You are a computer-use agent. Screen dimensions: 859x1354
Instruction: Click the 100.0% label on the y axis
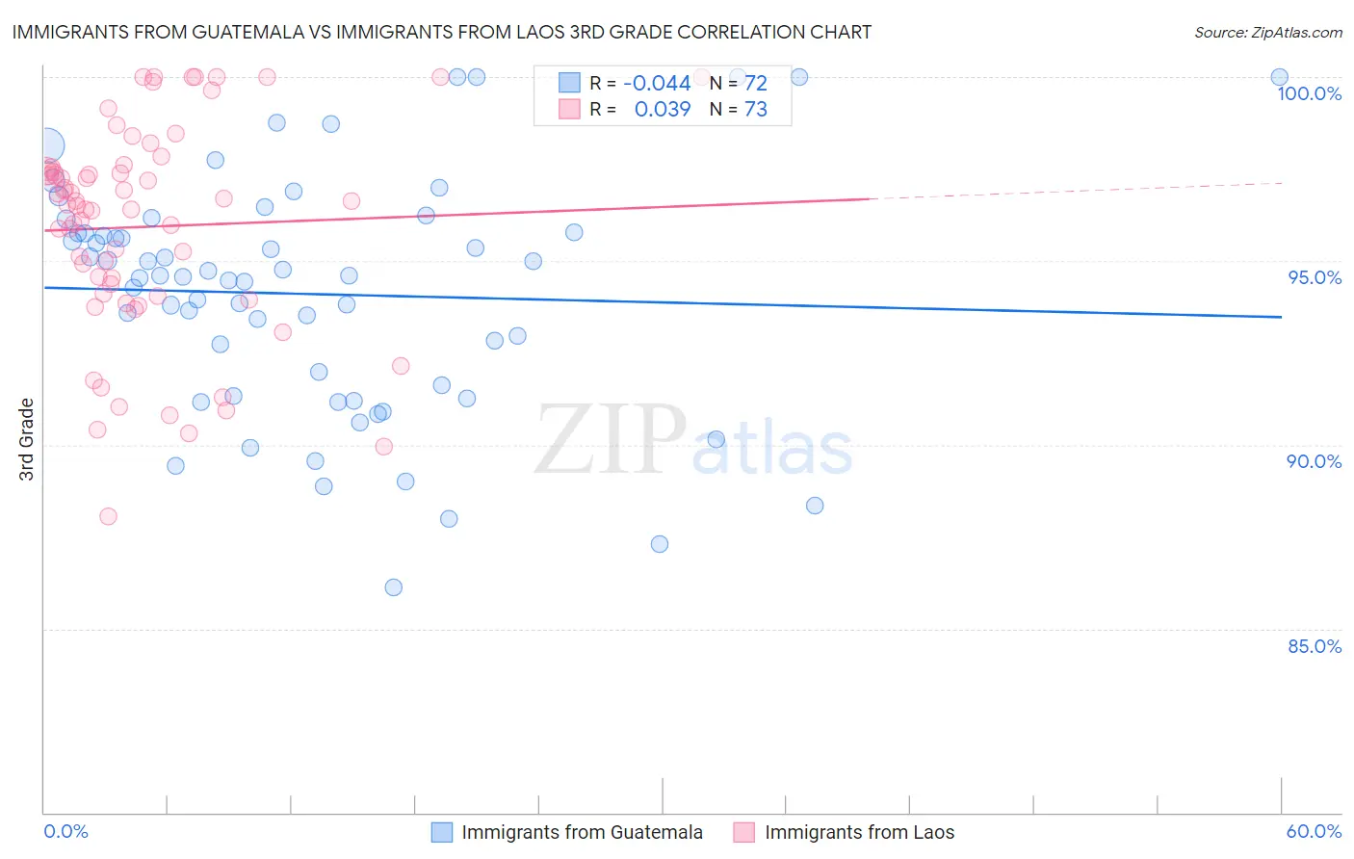(x=1309, y=93)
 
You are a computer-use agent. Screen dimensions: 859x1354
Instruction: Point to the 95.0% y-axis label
(x=1315, y=277)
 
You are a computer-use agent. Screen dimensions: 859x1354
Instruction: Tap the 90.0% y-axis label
(x=1315, y=461)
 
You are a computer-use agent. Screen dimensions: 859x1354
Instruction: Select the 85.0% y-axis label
(x=1315, y=646)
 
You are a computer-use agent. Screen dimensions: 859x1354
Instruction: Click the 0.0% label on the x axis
(x=65, y=831)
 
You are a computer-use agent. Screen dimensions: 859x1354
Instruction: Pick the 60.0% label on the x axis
(x=1314, y=831)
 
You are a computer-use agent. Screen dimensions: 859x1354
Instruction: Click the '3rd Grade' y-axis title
(x=27, y=438)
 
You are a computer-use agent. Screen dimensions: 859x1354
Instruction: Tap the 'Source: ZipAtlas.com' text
(x=1267, y=32)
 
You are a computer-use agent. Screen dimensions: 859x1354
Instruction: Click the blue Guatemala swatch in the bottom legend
(x=442, y=832)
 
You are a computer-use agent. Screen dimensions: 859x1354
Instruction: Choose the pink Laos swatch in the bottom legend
(x=744, y=832)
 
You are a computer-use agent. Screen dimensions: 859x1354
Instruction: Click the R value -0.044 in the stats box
(x=657, y=83)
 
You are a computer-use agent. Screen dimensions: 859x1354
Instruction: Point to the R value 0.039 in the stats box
(x=663, y=109)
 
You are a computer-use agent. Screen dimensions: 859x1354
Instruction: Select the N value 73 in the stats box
(x=756, y=109)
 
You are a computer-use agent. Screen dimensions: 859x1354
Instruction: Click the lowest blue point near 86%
(x=393, y=587)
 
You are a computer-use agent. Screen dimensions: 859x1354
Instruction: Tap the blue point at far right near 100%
(x=1280, y=77)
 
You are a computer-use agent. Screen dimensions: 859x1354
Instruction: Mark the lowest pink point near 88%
(x=108, y=516)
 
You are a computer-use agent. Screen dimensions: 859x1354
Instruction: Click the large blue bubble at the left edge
(x=47, y=145)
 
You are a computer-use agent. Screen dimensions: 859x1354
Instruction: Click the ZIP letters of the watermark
(x=610, y=441)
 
